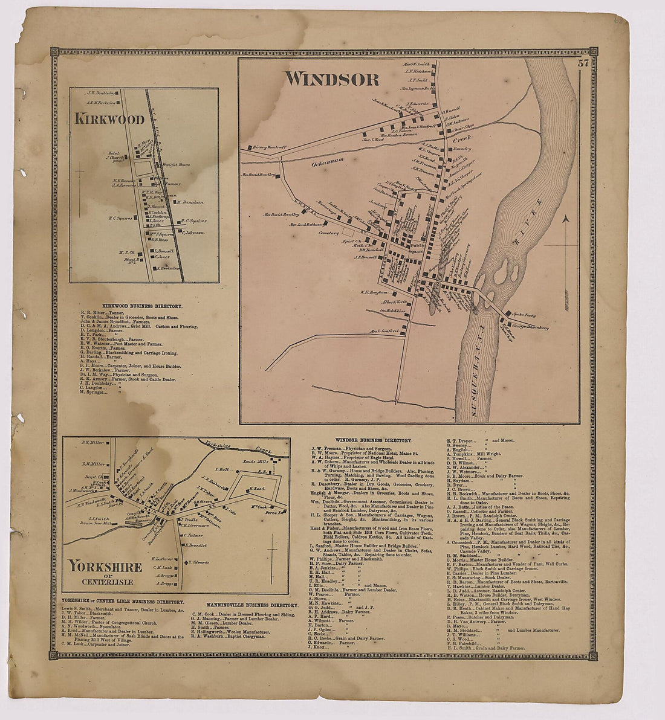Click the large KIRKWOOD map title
tap(109, 119)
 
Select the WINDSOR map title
tap(332, 79)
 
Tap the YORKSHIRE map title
tap(105, 567)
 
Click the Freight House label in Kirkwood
tap(176, 164)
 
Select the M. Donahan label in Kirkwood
tap(190, 203)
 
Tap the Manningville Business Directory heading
tap(252, 605)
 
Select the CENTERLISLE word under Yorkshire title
tap(105, 582)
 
